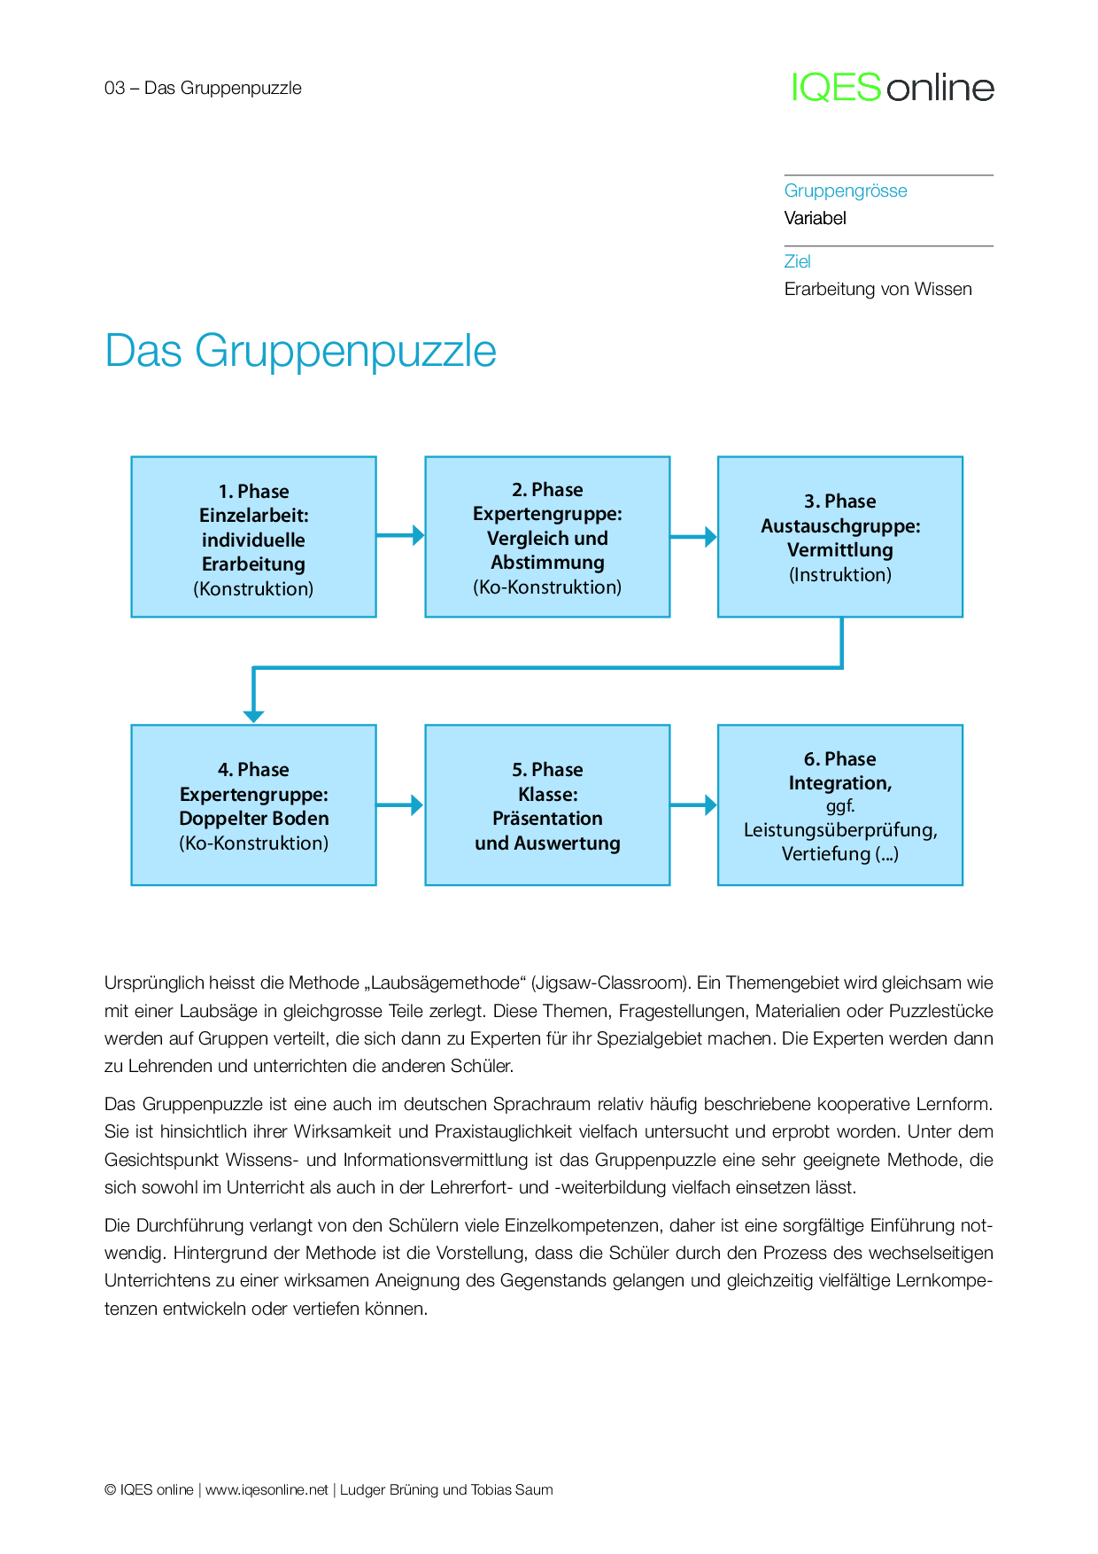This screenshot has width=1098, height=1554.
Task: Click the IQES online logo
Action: (893, 88)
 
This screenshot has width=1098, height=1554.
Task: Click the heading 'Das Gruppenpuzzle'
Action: (300, 351)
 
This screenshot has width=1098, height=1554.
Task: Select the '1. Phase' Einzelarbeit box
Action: (253, 537)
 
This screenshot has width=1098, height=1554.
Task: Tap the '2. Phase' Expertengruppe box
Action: (547, 537)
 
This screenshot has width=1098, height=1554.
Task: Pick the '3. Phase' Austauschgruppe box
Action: (839, 537)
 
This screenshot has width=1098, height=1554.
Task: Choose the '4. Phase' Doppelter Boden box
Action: (253, 804)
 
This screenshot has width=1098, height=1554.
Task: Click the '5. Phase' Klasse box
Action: (547, 804)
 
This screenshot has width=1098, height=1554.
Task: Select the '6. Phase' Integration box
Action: (839, 804)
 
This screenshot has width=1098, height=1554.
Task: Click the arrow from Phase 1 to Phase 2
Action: (400, 535)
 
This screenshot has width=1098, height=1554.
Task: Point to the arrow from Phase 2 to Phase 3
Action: (693, 537)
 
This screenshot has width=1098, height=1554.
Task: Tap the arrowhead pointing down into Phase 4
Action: (254, 714)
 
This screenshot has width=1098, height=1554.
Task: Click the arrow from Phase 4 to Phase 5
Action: (400, 805)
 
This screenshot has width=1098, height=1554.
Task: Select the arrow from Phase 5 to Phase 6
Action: (693, 805)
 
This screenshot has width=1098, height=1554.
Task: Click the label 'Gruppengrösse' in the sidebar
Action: (846, 191)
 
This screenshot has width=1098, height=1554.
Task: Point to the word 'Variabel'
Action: (815, 218)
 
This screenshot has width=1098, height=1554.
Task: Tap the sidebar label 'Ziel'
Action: (797, 261)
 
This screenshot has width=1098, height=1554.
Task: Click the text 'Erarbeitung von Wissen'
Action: (878, 289)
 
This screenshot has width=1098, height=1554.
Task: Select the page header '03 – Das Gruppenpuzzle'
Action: (203, 88)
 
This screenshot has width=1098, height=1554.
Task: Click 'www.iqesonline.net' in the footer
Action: (267, 1489)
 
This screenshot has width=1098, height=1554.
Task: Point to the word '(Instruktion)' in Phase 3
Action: (839, 575)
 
